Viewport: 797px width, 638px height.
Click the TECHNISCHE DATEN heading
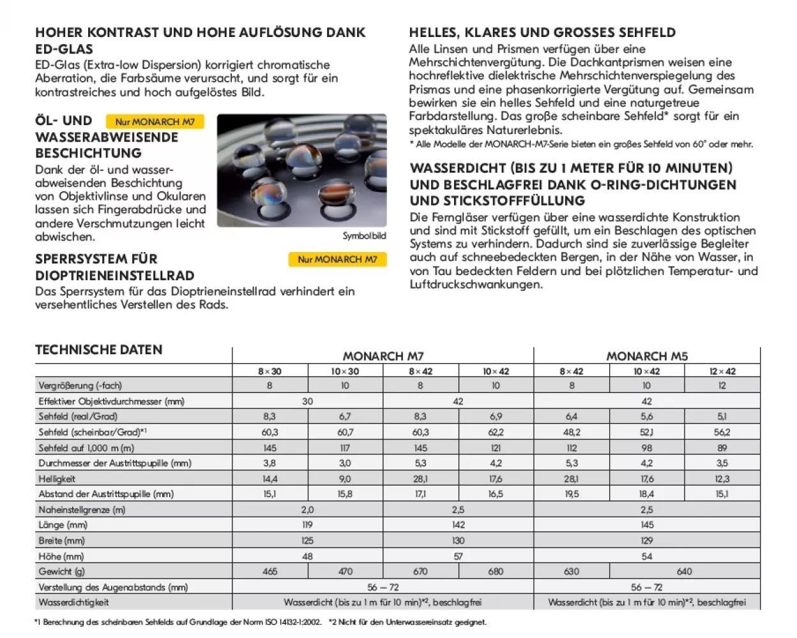(x=99, y=350)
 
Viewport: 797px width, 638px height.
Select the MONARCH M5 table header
(x=646, y=356)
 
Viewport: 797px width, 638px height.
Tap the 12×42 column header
(x=722, y=371)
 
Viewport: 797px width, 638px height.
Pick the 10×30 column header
(x=345, y=371)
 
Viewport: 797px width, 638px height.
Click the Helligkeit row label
(x=57, y=478)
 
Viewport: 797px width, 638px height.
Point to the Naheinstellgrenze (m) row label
(x=82, y=510)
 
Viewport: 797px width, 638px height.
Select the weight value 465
(x=269, y=572)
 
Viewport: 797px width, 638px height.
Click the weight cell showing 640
(x=684, y=572)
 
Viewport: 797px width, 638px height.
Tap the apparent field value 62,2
(x=496, y=432)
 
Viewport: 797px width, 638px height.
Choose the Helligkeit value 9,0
(x=345, y=478)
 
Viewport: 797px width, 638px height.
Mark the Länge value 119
(x=307, y=525)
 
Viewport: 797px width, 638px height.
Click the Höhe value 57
(x=458, y=556)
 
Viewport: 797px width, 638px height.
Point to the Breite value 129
(x=646, y=540)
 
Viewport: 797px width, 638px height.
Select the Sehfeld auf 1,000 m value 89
(x=722, y=448)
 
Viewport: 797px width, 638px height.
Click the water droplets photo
(x=301, y=170)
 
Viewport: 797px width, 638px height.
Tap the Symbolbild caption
(x=364, y=236)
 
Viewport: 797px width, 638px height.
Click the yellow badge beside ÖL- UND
(x=155, y=121)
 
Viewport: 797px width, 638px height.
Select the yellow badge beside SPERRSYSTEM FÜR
(x=337, y=260)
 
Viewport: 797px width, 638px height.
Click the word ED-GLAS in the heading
(x=64, y=48)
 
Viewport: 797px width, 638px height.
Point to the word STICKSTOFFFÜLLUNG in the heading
(x=497, y=200)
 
